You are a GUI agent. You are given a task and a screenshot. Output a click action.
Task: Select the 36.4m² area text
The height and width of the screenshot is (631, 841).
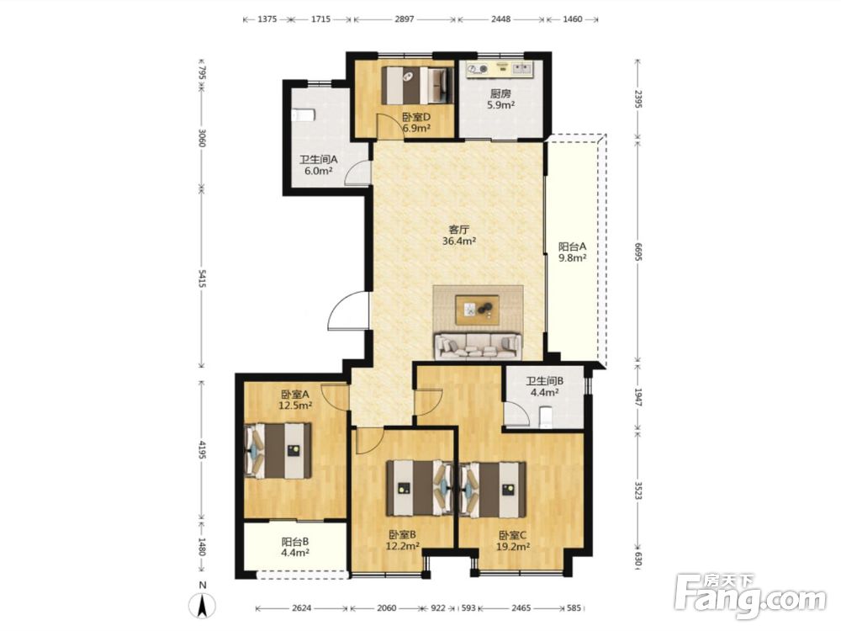tap(459, 241)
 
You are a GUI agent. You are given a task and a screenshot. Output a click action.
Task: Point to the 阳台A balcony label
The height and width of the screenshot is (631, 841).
tap(572, 247)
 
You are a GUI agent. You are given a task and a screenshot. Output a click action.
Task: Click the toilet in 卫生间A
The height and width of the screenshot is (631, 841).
tap(303, 115)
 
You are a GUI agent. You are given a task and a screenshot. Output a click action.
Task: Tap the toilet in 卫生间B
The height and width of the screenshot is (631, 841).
tap(546, 417)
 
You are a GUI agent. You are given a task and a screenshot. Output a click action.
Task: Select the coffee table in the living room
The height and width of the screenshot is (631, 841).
tap(478, 310)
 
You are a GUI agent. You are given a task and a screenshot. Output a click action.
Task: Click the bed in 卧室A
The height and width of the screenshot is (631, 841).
tap(278, 450)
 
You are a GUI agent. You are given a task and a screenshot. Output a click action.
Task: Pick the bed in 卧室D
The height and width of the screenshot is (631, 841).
tap(417, 85)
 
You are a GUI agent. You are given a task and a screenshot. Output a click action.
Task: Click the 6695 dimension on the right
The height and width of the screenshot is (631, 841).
tap(637, 251)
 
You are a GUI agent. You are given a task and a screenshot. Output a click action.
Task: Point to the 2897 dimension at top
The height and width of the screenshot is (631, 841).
tap(405, 19)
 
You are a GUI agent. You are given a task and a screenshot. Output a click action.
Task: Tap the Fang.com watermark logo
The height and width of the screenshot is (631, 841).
tap(751, 596)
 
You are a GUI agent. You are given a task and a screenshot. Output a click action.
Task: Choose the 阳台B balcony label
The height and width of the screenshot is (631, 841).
tap(295, 542)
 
